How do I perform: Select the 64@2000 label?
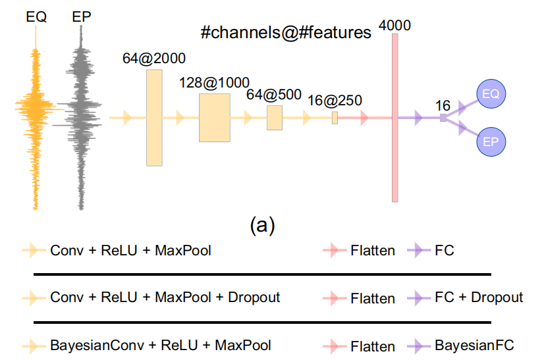153,58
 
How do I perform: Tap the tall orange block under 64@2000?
154,117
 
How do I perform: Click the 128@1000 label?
214,83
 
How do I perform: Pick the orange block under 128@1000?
214,118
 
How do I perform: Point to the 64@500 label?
273,94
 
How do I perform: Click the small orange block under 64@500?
274,118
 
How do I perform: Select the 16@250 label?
334,100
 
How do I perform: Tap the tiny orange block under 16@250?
335,118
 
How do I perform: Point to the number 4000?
395,26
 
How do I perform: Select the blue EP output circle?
491,141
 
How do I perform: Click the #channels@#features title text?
286,32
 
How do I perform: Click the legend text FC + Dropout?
479,297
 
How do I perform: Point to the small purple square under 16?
443,118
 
